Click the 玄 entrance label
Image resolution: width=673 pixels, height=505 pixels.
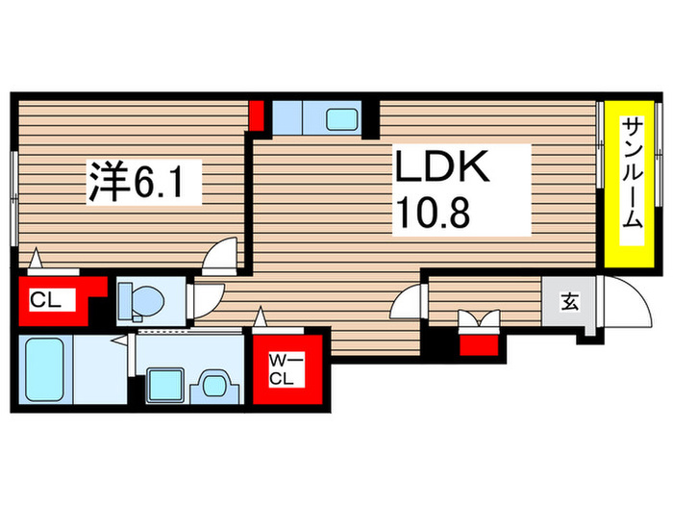[569, 302]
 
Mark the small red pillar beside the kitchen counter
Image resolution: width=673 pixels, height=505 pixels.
[257, 114]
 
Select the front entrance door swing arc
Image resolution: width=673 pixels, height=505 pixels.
[619, 306]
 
